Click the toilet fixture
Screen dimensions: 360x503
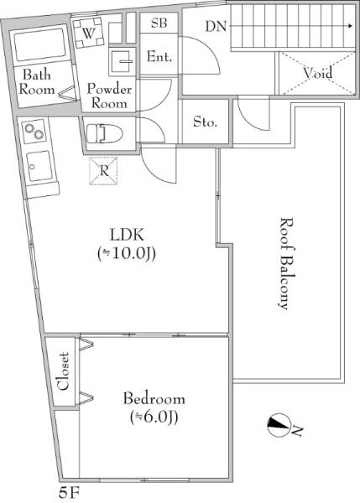pyautogui.click(x=104, y=133)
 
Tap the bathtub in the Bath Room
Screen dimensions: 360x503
pyautogui.click(x=39, y=45)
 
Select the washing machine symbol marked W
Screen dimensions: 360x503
pyautogui.click(x=88, y=33)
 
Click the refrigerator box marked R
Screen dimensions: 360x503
pyautogui.click(x=103, y=171)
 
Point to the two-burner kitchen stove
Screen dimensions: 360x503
pyautogui.click(x=34, y=132)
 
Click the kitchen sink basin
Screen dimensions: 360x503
pyautogui.click(x=39, y=165)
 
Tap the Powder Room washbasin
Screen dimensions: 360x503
pyautogui.click(x=121, y=62)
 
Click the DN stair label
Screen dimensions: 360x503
pyautogui.click(x=216, y=26)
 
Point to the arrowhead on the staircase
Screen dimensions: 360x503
pyautogui.click(x=352, y=26)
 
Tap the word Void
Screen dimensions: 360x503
pyautogui.click(x=318, y=73)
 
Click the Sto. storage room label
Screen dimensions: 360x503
pyautogui.click(x=206, y=122)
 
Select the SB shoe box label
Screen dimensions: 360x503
pyautogui.click(x=159, y=23)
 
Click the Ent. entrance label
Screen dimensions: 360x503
pyautogui.click(x=159, y=57)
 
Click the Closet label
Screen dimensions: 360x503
pyautogui.click(x=63, y=371)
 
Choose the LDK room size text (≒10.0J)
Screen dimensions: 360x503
pyautogui.click(x=127, y=254)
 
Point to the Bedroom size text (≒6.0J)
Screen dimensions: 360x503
pyautogui.click(x=154, y=417)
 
